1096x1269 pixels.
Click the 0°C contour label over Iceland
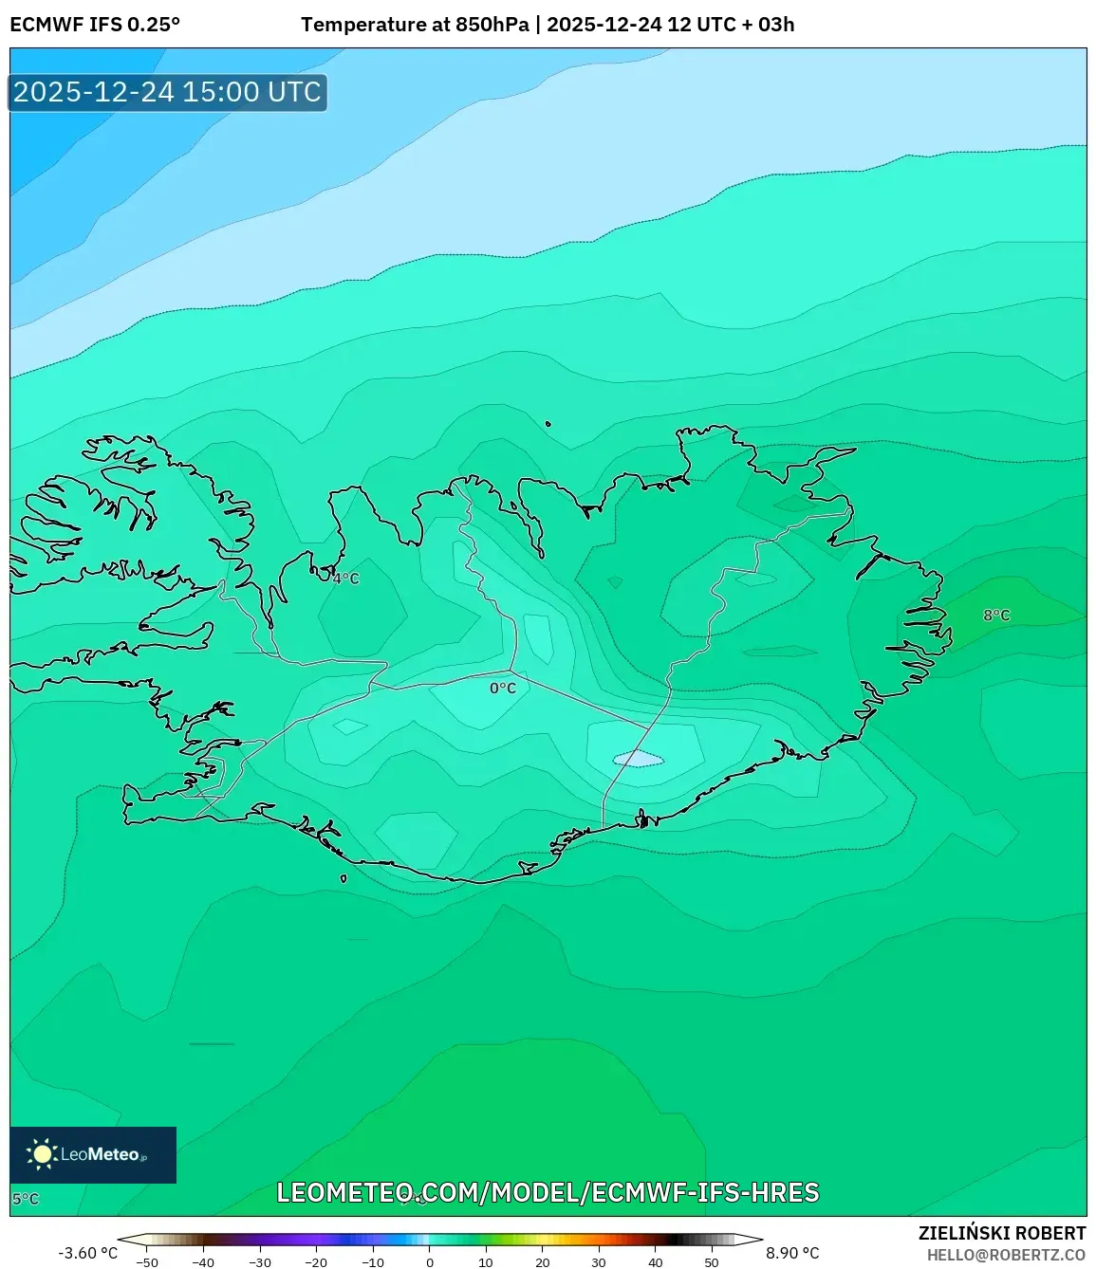[x=503, y=688]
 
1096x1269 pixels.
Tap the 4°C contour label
[x=345, y=578]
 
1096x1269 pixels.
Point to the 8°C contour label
[x=996, y=615]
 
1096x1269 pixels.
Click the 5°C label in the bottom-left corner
[x=26, y=1199]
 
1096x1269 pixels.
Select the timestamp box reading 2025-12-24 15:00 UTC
[x=168, y=92]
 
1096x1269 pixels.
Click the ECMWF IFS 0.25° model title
[x=95, y=25]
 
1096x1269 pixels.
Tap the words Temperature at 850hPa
[x=415, y=25]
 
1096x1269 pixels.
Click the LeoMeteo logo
[x=93, y=1154]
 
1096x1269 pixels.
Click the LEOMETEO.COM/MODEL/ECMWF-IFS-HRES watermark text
[x=548, y=1192]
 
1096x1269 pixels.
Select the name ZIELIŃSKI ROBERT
[x=1002, y=1233]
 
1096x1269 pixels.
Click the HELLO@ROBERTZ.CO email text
[x=1006, y=1255]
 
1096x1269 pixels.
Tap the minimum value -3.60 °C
[x=88, y=1253]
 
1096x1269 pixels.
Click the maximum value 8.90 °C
[x=792, y=1253]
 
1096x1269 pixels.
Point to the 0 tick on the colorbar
[x=430, y=1261]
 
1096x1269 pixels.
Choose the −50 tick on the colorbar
[x=147, y=1261]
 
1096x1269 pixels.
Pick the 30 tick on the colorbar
[x=599, y=1261]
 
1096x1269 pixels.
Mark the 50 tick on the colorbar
[x=712, y=1261]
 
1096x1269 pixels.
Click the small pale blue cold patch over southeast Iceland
[x=638, y=759]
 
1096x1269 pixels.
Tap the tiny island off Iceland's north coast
[x=548, y=425]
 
